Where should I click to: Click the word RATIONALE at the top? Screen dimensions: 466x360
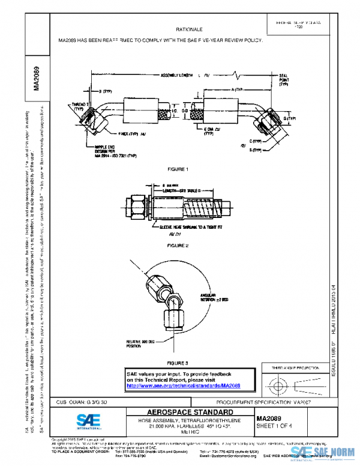click(189, 29)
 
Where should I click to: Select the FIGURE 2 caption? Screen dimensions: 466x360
click(178, 246)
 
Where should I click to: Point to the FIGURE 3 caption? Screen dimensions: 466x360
click(178, 363)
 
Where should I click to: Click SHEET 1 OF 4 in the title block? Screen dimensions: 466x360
click(274, 426)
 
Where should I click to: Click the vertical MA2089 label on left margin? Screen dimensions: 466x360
click(37, 78)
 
